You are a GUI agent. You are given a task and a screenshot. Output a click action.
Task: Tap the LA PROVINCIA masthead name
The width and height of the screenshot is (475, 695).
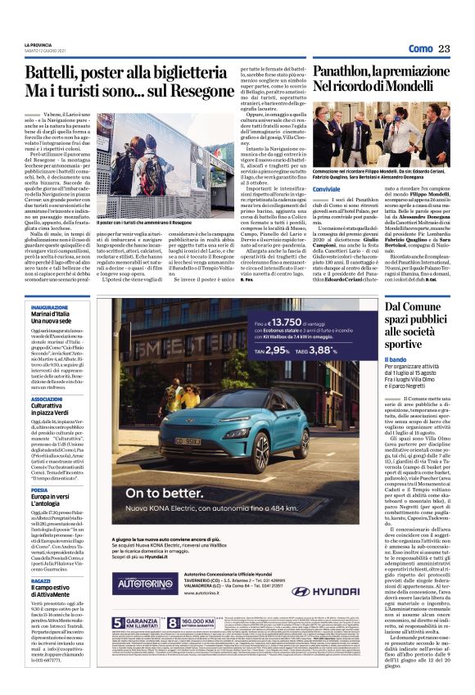(39, 44)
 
